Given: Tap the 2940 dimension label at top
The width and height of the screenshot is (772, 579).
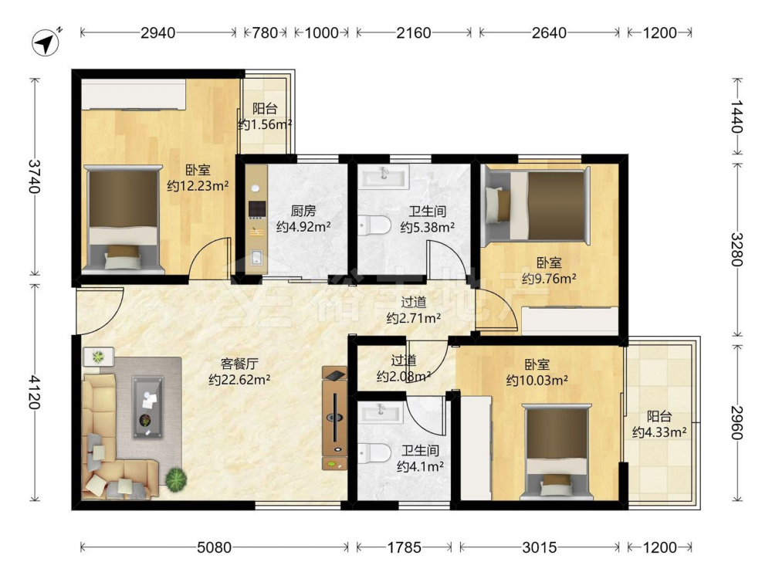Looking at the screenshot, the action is click(x=157, y=33).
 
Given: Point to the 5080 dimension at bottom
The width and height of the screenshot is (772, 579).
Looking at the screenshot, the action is click(x=214, y=547).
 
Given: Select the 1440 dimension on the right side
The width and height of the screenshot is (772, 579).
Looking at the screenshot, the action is click(x=736, y=117).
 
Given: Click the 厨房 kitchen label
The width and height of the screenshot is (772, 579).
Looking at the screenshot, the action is click(x=303, y=212).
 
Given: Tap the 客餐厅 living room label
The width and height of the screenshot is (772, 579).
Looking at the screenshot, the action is click(x=239, y=364).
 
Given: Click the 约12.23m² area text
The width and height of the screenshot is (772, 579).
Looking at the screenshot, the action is click(x=198, y=186).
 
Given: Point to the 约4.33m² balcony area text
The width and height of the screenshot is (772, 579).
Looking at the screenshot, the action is click(x=659, y=432).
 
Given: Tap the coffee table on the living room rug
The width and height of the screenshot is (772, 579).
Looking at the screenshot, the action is click(x=147, y=407).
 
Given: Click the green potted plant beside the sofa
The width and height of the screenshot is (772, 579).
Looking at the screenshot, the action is click(x=176, y=479).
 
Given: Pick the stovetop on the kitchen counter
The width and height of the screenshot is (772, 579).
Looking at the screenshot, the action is click(x=256, y=209).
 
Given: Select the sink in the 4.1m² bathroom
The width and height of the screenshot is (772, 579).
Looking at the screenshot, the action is click(x=381, y=411).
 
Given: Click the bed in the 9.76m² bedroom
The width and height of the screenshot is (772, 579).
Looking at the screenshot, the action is click(x=537, y=204).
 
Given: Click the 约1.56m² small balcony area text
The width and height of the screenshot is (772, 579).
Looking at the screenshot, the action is click(x=265, y=124).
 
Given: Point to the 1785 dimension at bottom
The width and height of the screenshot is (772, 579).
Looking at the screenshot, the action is click(x=404, y=547).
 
